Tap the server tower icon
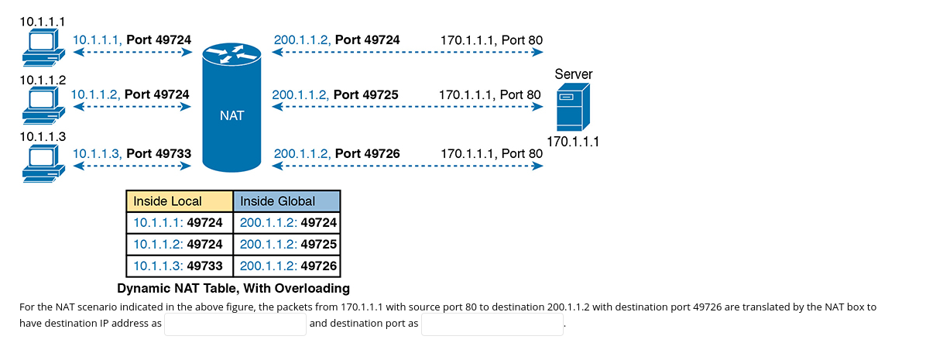click(573, 107)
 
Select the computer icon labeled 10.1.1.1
click(41, 48)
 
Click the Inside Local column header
click(180, 201)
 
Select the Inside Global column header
click(286, 201)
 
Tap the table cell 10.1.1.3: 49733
click(180, 266)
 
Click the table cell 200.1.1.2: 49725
click(286, 244)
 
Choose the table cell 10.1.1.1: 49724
click(180, 223)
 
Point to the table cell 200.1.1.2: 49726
click(286, 266)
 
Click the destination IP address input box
click(235, 324)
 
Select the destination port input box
click(492, 324)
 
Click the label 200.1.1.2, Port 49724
click(337, 39)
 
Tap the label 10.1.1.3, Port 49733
click(132, 153)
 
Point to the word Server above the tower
click(574, 74)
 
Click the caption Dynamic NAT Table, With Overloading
click(233, 289)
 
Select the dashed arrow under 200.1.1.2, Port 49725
click(407, 107)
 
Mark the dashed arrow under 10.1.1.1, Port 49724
click(132, 52)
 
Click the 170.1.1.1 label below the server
click(573, 142)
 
